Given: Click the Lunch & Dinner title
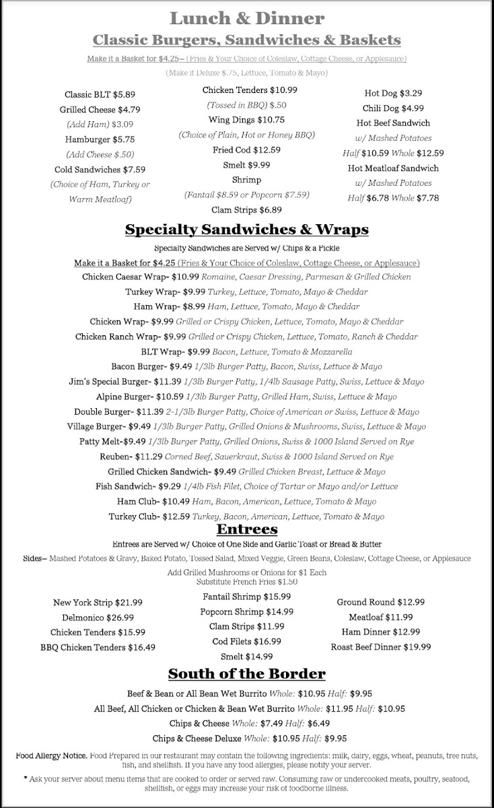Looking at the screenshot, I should click(246, 18).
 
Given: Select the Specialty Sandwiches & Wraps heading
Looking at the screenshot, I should click(246, 230).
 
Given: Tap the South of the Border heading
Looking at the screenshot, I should click(246, 673).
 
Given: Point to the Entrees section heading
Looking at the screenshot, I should click(246, 530).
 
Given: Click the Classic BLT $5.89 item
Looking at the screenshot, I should click(100, 94).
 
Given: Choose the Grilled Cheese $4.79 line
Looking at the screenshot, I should click(100, 109).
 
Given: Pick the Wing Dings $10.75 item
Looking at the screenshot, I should click(246, 120).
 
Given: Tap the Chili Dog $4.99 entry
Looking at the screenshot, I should click(393, 108).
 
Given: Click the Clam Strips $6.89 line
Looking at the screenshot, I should click(246, 210).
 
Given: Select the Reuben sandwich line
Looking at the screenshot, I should click(246, 457).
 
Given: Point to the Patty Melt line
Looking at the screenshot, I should click(246, 442).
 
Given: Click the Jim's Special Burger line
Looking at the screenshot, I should click(246, 382).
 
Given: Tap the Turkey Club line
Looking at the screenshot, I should click(246, 516).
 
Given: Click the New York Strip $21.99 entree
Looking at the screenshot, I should click(98, 602).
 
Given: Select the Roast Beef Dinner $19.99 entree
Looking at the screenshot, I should click(381, 646).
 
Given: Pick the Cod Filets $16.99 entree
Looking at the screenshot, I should click(246, 641).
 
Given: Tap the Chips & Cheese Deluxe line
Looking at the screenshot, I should click(246, 737).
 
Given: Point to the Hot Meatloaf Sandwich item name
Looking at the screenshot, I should click(393, 168).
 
